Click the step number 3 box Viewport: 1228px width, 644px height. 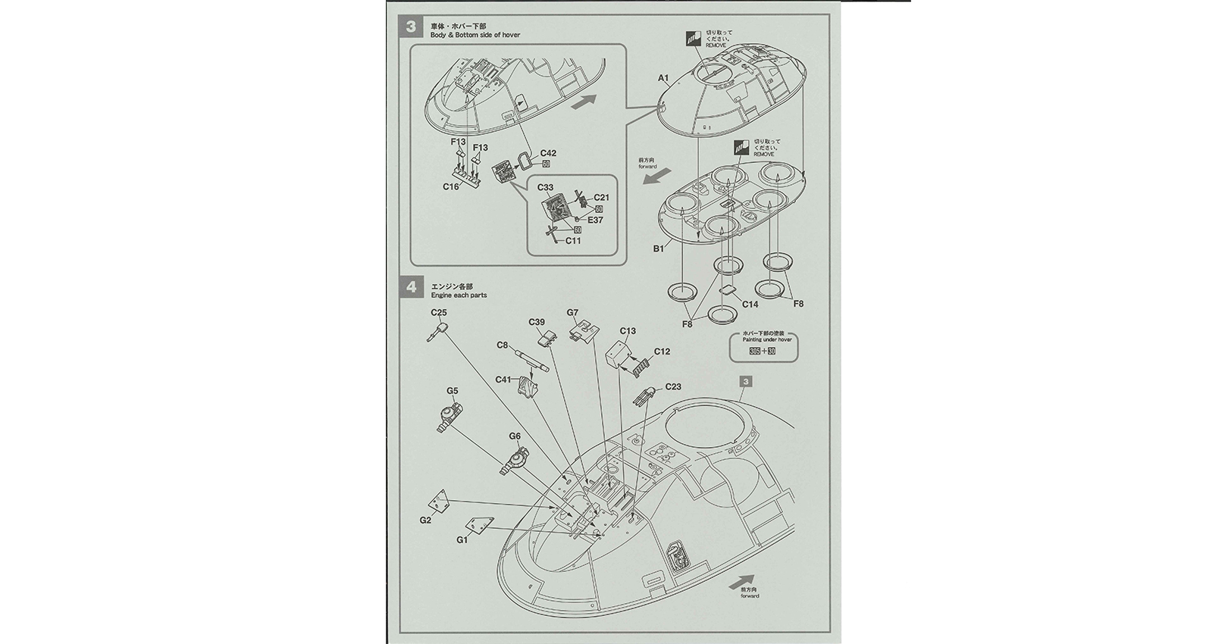411,27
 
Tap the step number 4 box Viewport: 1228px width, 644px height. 411,287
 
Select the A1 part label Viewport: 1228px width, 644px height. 663,78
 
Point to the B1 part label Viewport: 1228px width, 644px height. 658,248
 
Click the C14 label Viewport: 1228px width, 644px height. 750,304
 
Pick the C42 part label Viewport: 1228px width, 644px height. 548,154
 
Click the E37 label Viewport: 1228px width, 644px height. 594,220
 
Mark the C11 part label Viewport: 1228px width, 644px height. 572,241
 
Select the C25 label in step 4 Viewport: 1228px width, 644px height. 438,312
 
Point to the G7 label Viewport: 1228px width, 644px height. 572,313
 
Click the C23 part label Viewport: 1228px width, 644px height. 672,386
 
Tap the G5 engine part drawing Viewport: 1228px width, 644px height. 450,414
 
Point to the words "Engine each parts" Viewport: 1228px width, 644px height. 459,295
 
